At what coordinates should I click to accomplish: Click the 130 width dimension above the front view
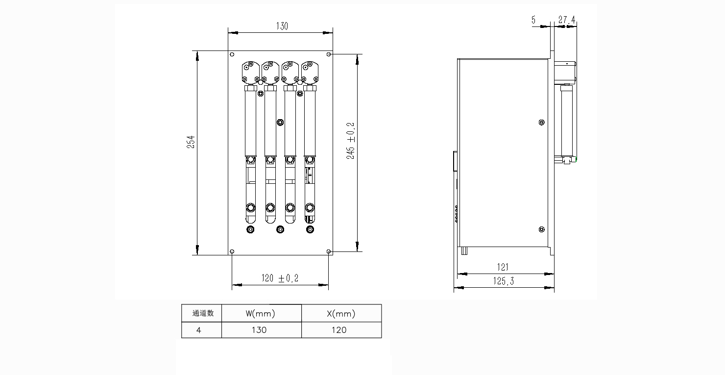[282, 26]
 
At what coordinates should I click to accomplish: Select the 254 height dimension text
[191, 142]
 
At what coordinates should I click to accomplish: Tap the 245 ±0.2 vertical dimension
[351, 141]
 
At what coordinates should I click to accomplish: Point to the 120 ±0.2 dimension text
[280, 278]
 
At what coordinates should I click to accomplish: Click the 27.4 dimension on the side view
[567, 20]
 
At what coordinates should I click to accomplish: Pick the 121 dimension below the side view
[503, 267]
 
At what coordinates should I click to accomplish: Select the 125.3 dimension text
[503, 281]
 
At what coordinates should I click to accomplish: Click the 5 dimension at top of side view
[533, 20]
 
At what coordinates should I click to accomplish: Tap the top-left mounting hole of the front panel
[232, 54]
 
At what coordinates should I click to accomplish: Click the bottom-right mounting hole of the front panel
[329, 251]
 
